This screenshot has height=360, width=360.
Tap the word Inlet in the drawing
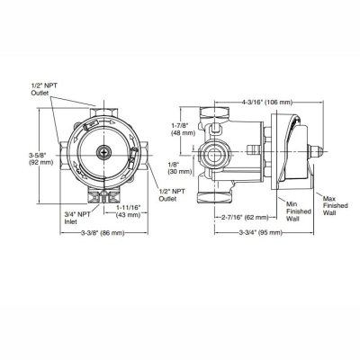point(68,220)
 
